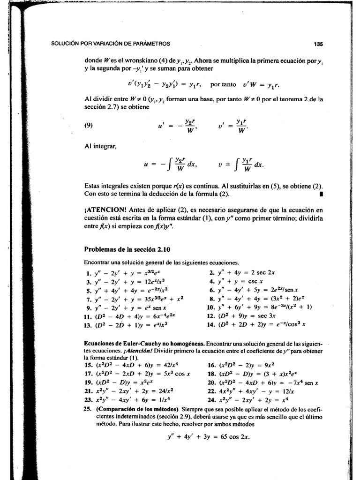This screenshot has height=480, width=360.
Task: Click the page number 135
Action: [318, 44]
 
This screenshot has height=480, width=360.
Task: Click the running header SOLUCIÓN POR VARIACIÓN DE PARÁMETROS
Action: [110, 44]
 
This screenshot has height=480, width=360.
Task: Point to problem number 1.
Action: [87, 272]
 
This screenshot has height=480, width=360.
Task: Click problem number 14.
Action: [210, 323]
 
